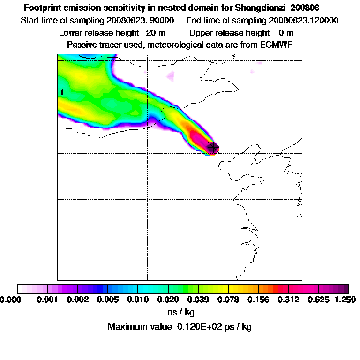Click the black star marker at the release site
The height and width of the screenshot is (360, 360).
click(213, 147)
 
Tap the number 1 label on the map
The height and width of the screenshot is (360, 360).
click(61, 92)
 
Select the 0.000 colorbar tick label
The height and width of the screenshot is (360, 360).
click(10, 299)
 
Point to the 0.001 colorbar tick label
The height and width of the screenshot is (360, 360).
click(47, 299)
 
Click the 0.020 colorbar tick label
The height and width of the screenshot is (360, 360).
click(168, 299)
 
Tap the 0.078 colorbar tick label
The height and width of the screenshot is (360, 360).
click(228, 299)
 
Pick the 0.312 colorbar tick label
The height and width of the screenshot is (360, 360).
click(288, 299)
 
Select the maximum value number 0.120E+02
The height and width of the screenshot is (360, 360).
click(198, 327)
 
